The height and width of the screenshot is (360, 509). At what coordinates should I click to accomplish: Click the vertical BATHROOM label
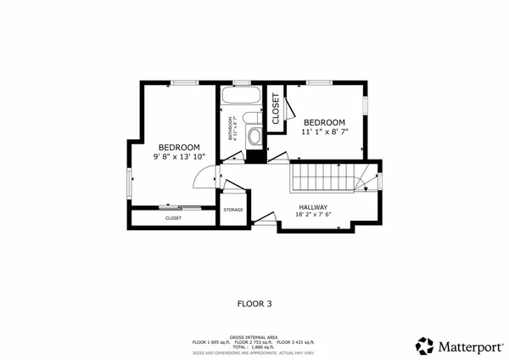point(228,129)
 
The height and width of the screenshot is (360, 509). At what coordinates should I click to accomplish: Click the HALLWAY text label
point(313,206)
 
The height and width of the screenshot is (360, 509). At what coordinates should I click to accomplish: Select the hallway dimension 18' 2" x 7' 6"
point(313,215)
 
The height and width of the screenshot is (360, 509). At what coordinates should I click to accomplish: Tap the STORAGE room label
point(233,210)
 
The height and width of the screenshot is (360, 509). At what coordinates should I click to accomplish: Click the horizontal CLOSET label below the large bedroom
point(173,218)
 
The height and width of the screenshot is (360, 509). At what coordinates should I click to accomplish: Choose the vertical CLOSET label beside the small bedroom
point(276,108)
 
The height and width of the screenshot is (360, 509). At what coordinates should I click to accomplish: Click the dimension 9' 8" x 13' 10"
point(179,156)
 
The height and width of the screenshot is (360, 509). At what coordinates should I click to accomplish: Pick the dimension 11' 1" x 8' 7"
point(324,132)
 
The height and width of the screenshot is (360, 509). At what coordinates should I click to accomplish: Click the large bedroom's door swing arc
point(202,178)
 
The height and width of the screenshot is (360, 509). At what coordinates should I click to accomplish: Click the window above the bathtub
point(241,82)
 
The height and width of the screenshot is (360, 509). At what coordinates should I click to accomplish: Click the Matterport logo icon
point(424,345)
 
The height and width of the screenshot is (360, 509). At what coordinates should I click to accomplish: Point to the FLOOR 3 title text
point(254,302)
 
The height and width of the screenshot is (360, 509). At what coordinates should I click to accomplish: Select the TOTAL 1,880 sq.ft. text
point(255,346)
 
